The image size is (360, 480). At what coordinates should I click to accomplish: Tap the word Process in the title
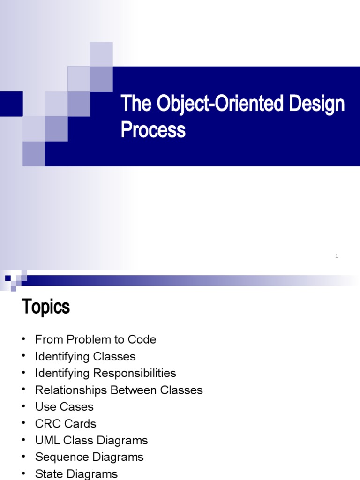pyautogui.click(x=153, y=129)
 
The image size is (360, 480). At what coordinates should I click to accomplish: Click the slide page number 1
pyautogui.click(x=337, y=256)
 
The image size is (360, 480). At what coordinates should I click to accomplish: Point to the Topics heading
pyautogui.click(x=45, y=307)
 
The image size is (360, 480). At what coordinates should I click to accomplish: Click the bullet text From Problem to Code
pyautogui.click(x=96, y=339)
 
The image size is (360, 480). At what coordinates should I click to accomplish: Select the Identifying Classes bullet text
pyautogui.click(x=85, y=356)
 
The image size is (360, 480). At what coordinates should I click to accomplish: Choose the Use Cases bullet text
pyautogui.click(x=64, y=407)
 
